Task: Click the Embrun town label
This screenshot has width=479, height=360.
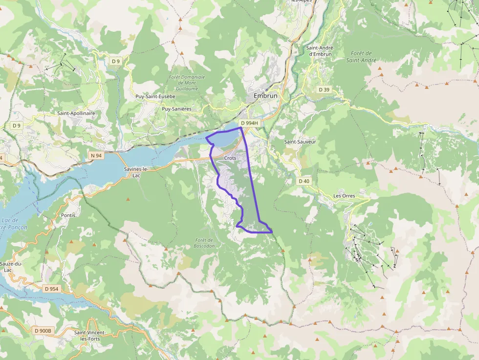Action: pos(265,96)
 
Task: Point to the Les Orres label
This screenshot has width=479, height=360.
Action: pos(344,196)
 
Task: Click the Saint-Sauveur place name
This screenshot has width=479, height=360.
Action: pos(300,142)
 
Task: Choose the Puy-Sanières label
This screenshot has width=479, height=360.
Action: pos(176,109)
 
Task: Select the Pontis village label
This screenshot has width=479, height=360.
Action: pos(68,215)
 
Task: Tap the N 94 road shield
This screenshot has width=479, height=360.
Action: pos(96,155)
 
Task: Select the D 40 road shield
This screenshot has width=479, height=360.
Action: pos(304,181)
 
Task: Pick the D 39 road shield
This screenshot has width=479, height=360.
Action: pos(324,89)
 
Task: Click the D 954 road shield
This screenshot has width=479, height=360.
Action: pos(51,289)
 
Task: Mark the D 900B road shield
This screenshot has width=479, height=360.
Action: pos(43,331)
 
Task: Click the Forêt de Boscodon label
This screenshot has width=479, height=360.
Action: pos(204,243)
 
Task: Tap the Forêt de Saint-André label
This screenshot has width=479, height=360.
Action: pos(361,57)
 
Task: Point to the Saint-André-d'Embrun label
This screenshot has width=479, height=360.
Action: pos(320,51)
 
